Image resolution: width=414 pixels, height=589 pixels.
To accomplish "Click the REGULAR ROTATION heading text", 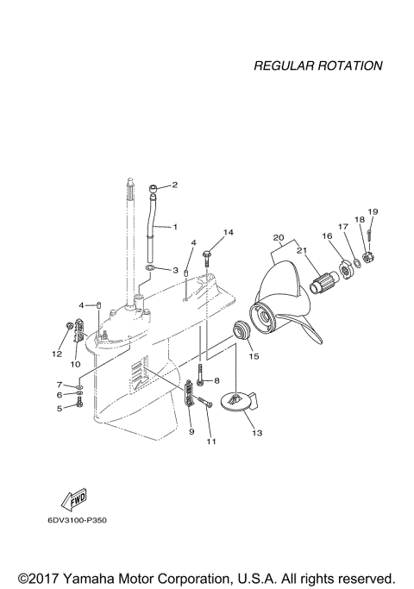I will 317,66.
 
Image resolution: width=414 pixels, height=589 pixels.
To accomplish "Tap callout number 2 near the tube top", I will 174,185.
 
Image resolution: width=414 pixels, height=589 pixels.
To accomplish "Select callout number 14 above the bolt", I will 229,233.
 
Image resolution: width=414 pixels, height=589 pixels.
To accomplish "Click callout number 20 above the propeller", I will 278,237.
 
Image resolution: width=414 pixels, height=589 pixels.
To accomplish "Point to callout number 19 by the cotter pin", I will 373,212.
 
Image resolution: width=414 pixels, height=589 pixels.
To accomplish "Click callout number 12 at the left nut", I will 57,354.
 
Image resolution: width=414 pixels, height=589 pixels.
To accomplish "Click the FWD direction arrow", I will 66,502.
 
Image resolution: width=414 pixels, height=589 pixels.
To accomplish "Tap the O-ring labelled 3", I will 151,269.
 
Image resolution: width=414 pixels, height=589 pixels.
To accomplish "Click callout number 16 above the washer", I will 327,235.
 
